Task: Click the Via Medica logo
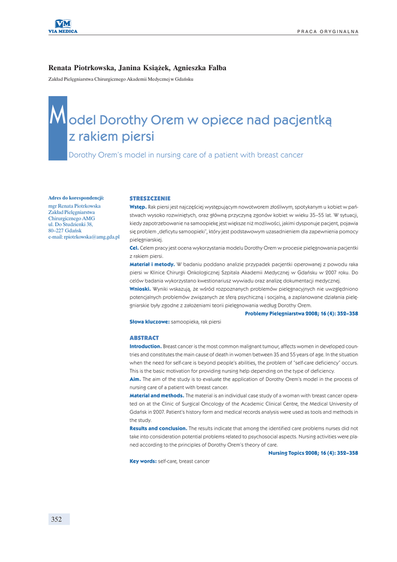point(63,26)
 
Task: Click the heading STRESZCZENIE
point(150,198)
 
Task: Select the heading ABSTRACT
point(144,338)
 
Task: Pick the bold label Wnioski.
point(140,289)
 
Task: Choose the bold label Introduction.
point(145,346)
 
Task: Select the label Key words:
point(143,461)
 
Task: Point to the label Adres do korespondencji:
point(76,198)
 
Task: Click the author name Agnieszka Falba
point(200,68)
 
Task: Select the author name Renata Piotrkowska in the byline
point(81,68)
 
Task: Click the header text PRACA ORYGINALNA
point(328,31)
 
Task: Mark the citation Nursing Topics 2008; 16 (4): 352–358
point(313,453)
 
